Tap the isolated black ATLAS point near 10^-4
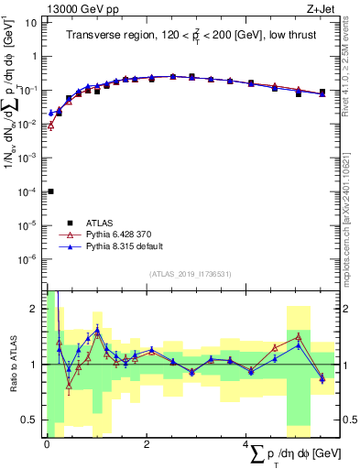50,191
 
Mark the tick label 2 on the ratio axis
34,309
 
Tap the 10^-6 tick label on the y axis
28,259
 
